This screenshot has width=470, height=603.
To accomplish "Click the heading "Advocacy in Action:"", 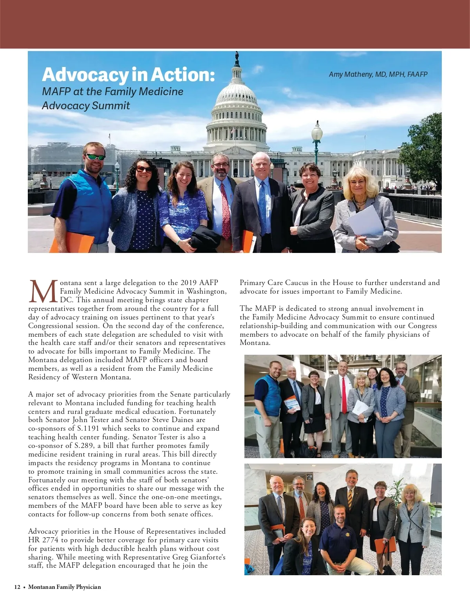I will [x=128, y=75].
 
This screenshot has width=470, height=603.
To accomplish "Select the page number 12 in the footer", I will [x=17, y=587].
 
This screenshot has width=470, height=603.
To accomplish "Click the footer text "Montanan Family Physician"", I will [x=65, y=587].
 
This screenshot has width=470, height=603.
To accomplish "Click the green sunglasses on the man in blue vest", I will [x=95, y=157].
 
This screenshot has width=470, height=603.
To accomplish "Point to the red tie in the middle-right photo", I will [x=343, y=395].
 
